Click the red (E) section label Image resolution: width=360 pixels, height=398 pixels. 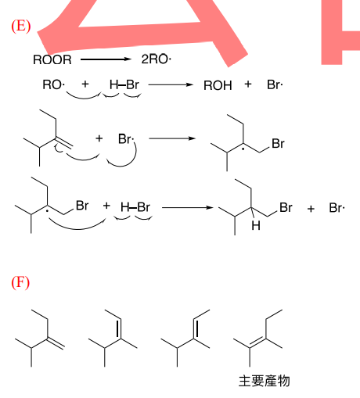click(x=21, y=26)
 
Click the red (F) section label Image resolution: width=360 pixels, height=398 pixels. click(x=20, y=282)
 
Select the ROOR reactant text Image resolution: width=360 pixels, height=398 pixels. click(x=52, y=59)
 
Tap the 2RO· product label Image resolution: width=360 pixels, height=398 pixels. click(x=157, y=59)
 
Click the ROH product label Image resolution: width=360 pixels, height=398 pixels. click(x=218, y=85)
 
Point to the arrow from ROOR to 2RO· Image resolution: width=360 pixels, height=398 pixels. click(x=106, y=59)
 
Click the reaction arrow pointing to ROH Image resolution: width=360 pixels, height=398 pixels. click(x=171, y=84)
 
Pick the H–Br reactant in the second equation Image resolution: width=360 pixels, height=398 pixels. click(x=124, y=84)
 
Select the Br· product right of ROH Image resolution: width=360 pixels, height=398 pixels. click(x=275, y=84)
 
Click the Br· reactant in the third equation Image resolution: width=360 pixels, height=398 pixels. click(x=126, y=139)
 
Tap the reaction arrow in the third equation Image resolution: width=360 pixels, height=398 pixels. click(x=172, y=138)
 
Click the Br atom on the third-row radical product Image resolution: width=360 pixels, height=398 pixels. click(x=278, y=144)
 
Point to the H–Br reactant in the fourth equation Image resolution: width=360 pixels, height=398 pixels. click(x=135, y=207)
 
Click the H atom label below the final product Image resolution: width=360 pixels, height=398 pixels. click(x=256, y=226)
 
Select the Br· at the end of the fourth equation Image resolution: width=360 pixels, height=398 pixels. click(x=337, y=208)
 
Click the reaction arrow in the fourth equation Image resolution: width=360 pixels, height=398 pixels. click(x=188, y=208)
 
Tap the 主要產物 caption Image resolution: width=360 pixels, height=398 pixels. click(x=265, y=381)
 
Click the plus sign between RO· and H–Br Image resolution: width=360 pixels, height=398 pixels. click(x=85, y=84)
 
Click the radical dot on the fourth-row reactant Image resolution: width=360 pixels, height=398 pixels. click(x=47, y=211)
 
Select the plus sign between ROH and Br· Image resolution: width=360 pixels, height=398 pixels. click(x=248, y=84)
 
